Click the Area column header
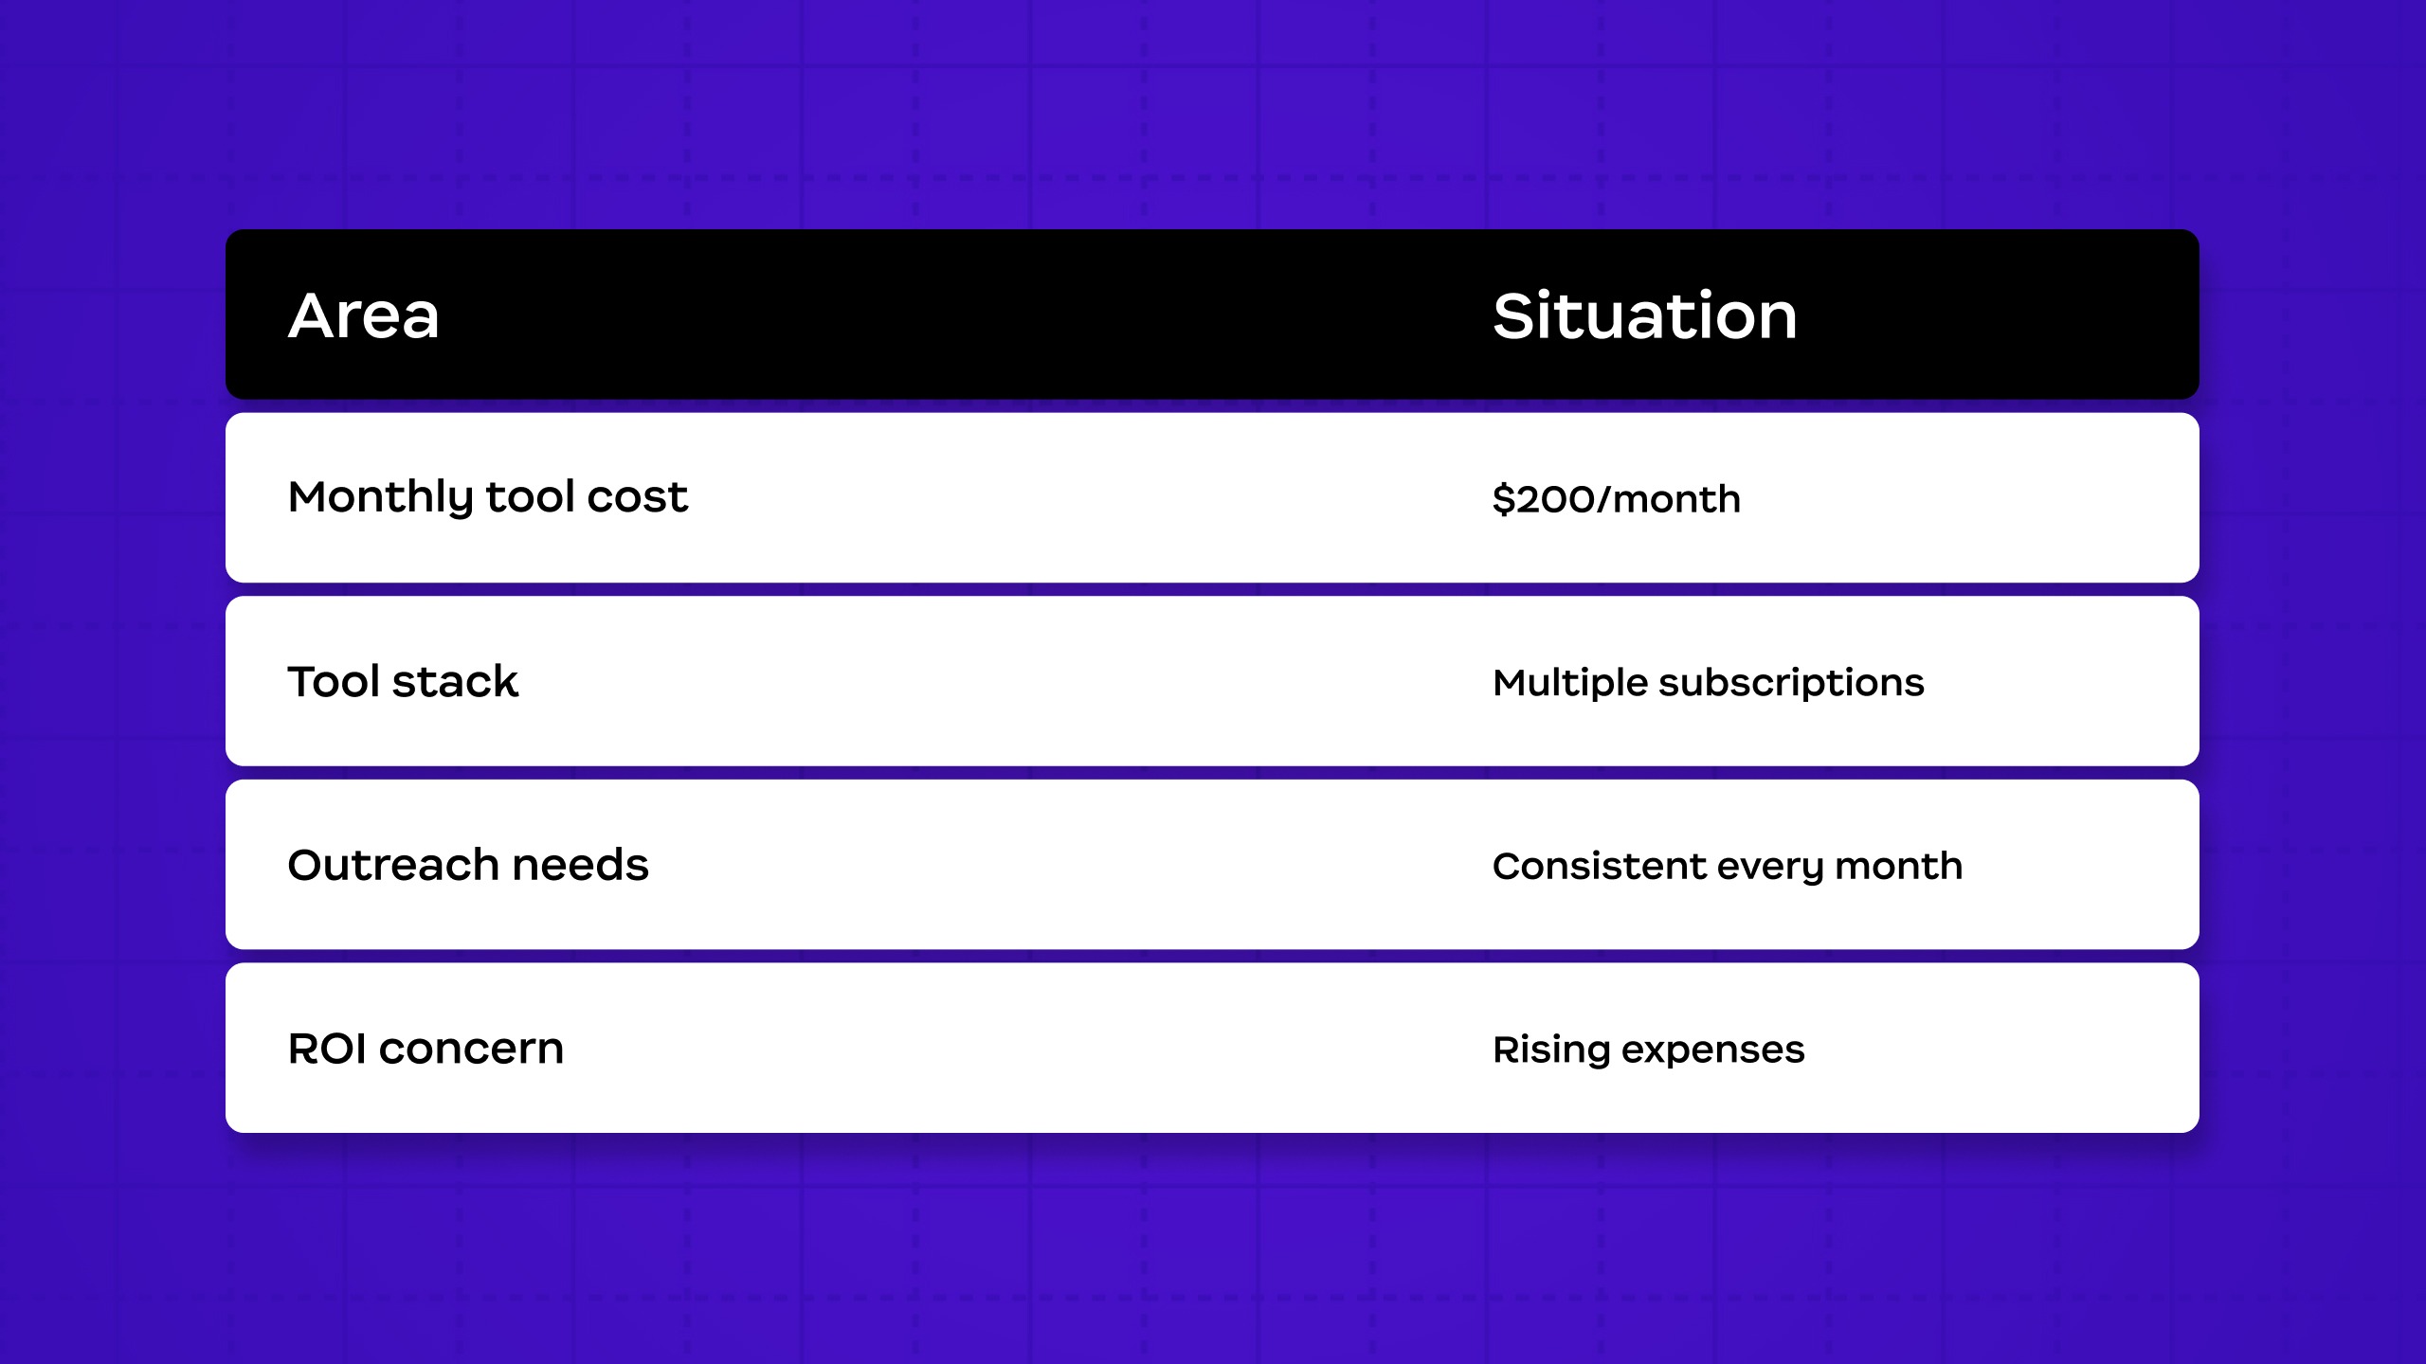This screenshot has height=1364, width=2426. (x=364, y=315)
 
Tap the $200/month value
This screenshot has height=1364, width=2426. (x=1617, y=499)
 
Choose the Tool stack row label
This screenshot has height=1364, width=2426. (x=403, y=681)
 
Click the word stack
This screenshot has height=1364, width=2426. (x=455, y=681)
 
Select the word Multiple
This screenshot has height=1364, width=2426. (x=1570, y=683)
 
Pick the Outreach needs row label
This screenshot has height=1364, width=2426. (x=468, y=865)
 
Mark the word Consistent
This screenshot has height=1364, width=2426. (x=1600, y=866)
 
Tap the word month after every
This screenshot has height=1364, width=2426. (x=1899, y=866)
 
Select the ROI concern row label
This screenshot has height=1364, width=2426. (x=425, y=1049)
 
